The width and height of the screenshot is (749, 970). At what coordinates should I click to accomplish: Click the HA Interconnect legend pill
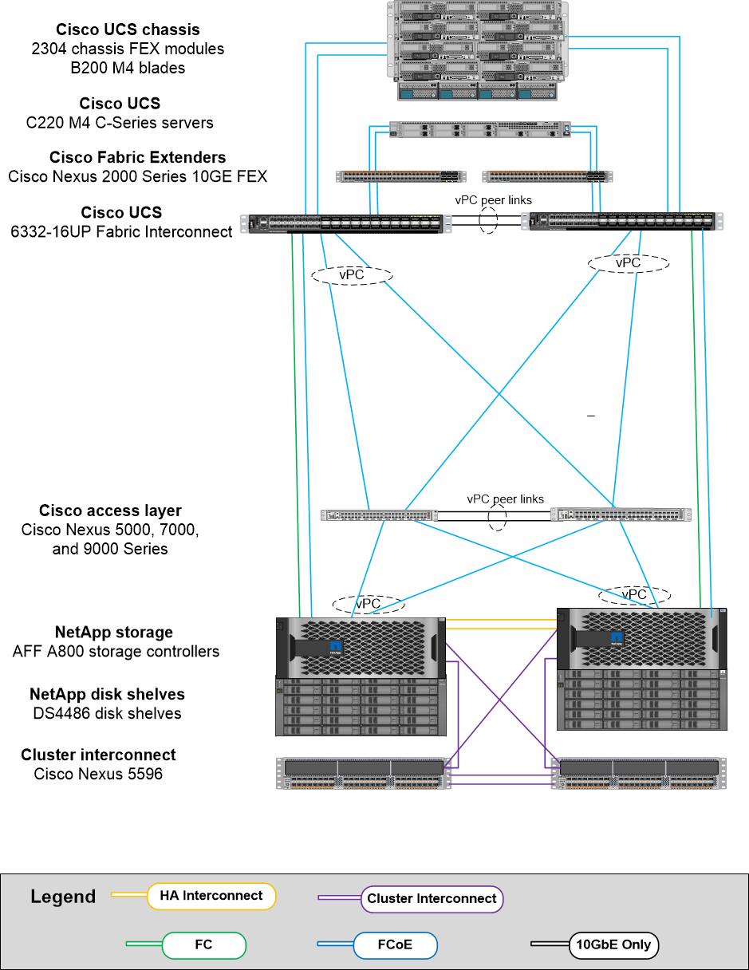pos(211,896)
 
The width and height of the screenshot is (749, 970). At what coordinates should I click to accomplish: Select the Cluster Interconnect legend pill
pos(432,898)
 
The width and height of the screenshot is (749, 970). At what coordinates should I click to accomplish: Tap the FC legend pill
pos(203,945)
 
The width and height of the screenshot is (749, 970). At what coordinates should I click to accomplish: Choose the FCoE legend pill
pos(395,945)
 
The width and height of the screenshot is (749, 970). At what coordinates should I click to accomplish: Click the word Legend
pos(63,897)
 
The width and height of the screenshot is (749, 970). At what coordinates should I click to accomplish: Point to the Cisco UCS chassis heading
pos(128,30)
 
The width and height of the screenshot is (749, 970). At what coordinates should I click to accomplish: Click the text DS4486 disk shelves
pos(107,713)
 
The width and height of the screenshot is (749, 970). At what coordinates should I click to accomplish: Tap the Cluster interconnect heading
pos(98,755)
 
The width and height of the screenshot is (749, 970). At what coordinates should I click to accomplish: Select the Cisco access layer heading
pos(110,511)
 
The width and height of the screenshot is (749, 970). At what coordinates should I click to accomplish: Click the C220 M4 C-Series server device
pos(480,129)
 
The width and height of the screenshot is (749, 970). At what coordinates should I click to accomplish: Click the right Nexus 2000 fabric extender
pos(547,176)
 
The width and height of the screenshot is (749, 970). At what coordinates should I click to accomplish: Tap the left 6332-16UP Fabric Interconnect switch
pos(345,223)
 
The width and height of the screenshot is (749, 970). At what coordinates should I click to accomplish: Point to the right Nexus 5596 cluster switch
pos(639,774)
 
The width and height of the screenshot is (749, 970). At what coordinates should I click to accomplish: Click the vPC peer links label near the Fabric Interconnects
pos(494,200)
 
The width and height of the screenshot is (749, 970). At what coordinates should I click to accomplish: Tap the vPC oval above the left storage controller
pos(368,604)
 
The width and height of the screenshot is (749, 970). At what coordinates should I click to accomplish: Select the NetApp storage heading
pos(114,633)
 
